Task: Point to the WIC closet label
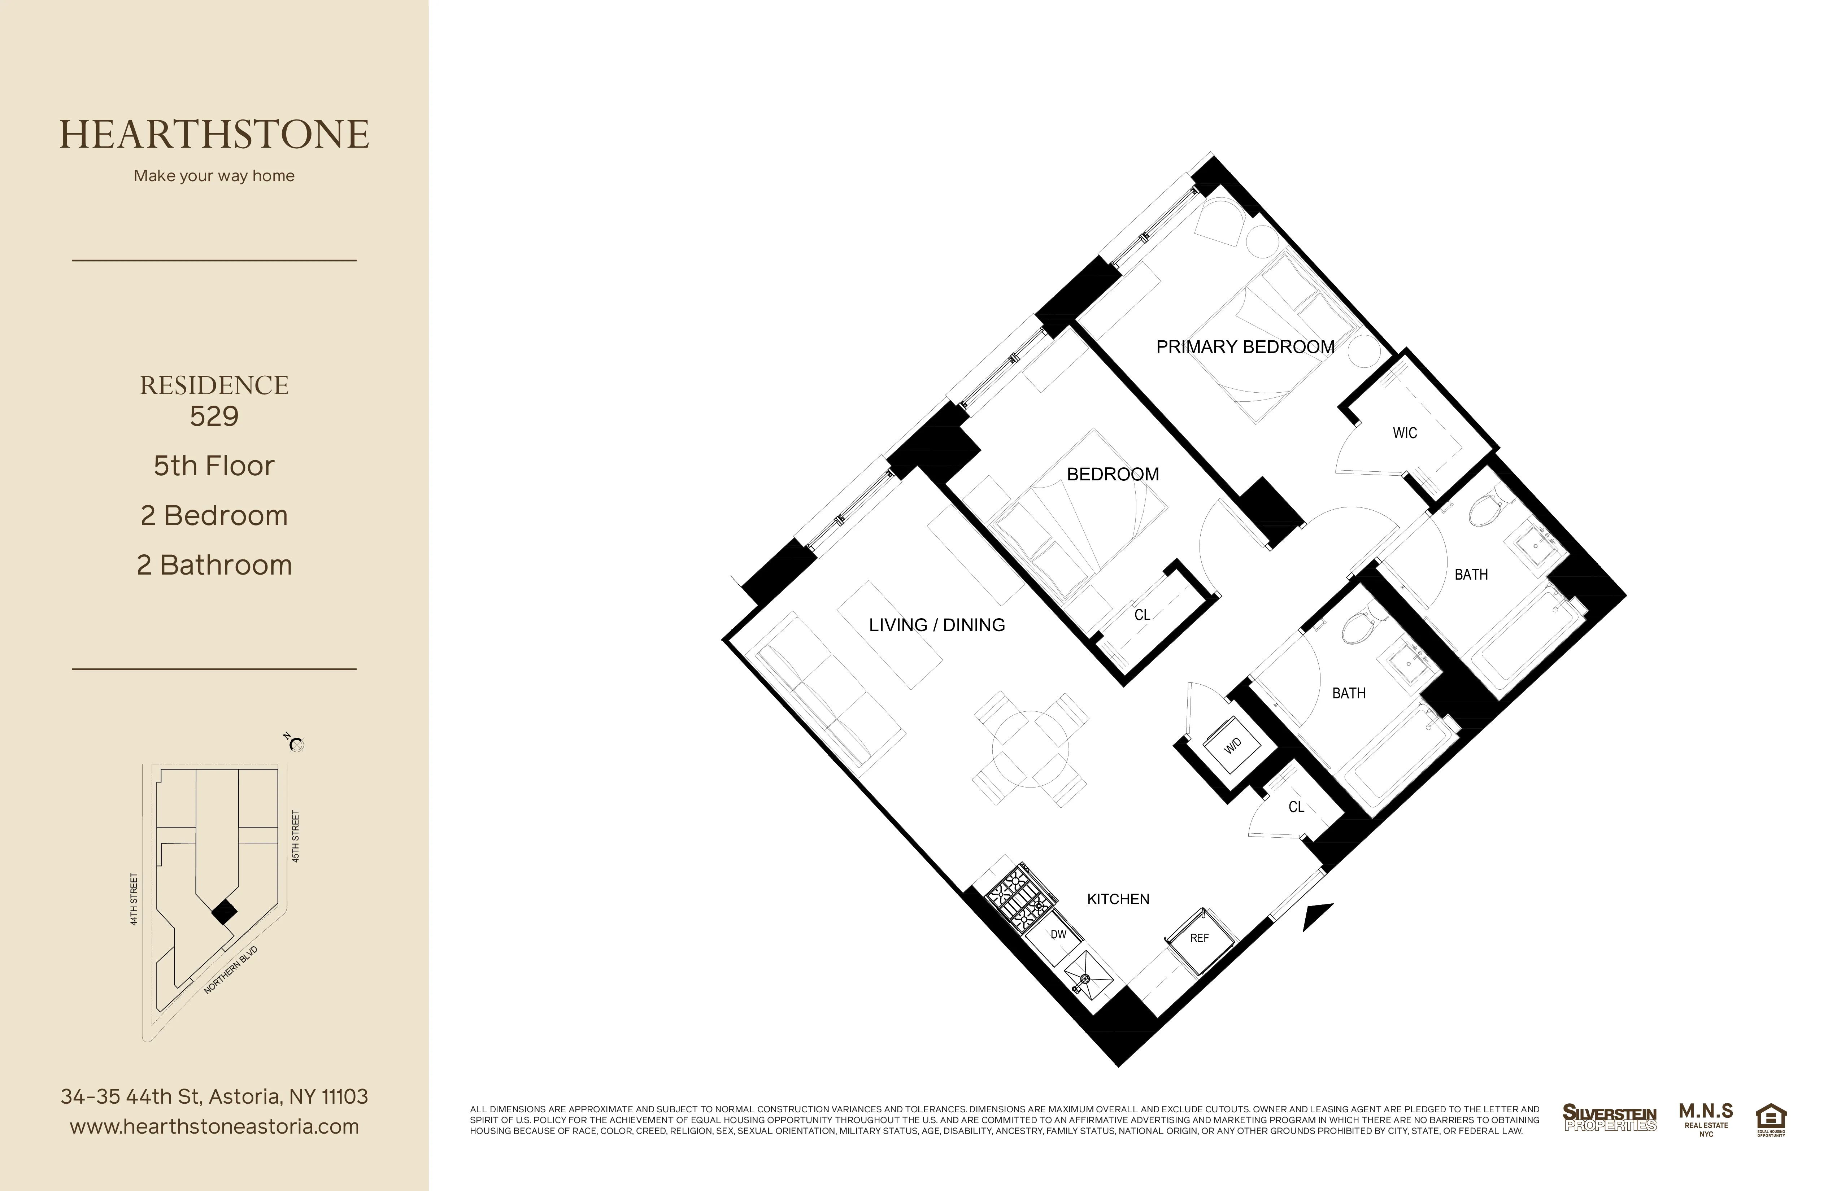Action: [1405, 433]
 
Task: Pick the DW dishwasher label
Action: [1058, 934]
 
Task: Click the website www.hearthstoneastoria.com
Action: [214, 1127]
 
